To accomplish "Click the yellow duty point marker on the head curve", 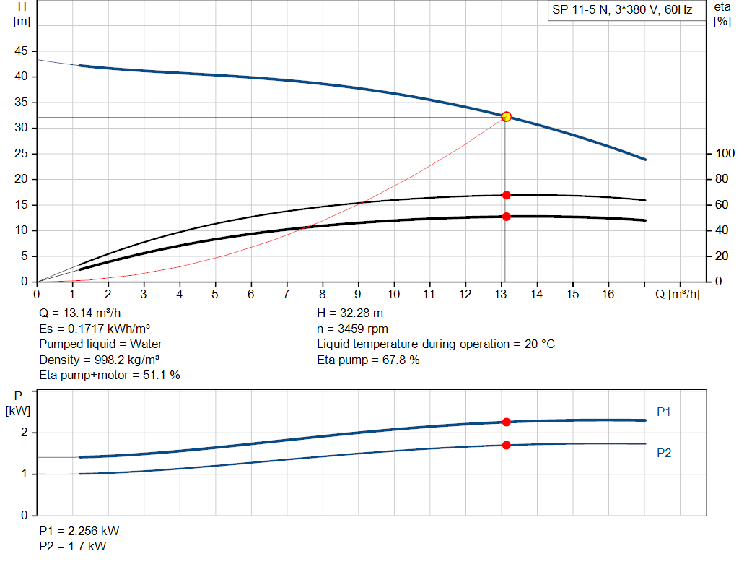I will pos(506,116).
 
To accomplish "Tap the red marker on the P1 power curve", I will pos(506,422).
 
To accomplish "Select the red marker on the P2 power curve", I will pos(506,445).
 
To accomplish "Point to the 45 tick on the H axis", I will pos(21,51).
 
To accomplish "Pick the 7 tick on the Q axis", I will pos(287,294).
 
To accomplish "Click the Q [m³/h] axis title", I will pos(677,294).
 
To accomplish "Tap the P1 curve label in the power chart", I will pos(664,412).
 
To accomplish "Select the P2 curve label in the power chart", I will pos(664,453).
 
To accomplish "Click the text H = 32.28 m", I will pos(349,313).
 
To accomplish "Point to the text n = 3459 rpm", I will pos(352,329).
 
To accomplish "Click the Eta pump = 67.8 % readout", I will pos(368,360).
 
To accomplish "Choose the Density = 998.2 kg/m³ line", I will pos(100,360).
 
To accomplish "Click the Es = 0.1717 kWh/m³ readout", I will pos(95,329).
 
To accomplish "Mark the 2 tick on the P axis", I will pos(24,433).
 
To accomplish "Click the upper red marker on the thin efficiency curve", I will pos(506,195).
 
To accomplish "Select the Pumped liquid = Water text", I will pos(100,344).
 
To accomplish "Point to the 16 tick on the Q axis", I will pos(608,294).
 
